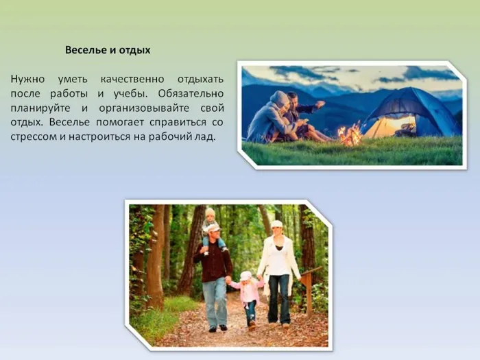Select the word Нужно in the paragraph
(x=27, y=80)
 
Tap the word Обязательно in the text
(x=191, y=94)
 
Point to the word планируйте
(x=40, y=108)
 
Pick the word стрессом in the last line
(x=34, y=136)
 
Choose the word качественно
(x=132, y=80)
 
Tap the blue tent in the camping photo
(x=411, y=112)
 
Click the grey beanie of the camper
(x=279, y=98)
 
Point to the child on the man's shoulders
(x=212, y=230)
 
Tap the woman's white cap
(x=276, y=224)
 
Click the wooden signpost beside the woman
(x=309, y=289)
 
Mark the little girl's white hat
(x=245, y=276)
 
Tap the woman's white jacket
(x=278, y=263)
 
